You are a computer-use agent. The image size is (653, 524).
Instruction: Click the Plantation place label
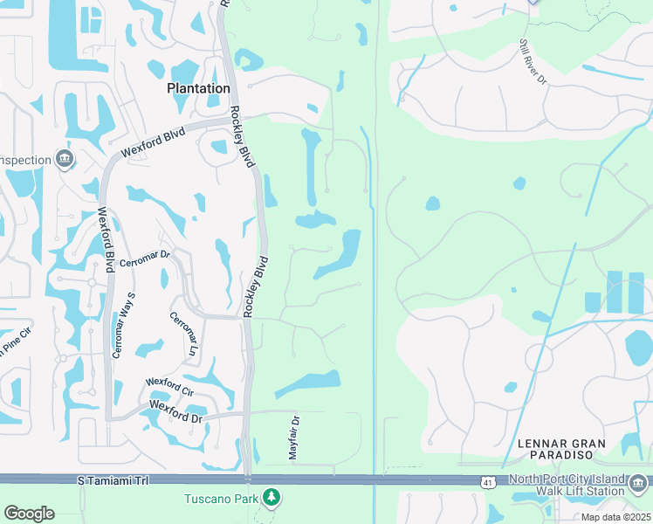click(198, 88)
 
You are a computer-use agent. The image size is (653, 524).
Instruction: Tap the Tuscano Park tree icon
click(272, 498)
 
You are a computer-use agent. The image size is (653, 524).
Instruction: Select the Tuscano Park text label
click(223, 499)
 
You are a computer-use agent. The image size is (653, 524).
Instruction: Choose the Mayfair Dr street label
click(294, 438)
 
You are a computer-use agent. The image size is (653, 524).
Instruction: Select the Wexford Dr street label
click(175, 406)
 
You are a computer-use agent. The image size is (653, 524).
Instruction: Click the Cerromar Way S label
click(124, 325)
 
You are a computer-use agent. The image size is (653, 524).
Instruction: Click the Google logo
click(29, 514)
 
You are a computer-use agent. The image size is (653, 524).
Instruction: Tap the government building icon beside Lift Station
click(639, 481)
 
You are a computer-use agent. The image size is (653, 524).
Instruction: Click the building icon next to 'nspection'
click(63, 159)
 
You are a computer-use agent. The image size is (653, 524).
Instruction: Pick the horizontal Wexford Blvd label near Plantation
click(153, 144)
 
